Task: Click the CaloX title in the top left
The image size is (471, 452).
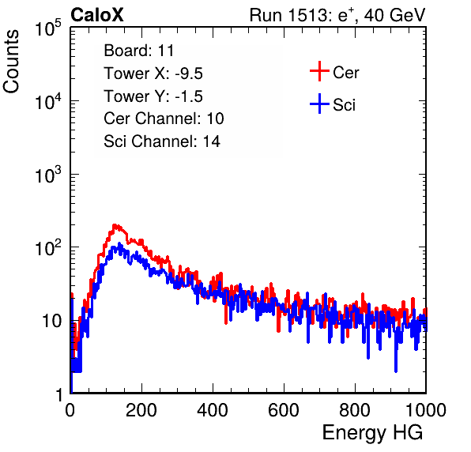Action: click(x=97, y=15)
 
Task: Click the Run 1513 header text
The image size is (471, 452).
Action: click(x=337, y=15)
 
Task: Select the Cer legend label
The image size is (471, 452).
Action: click(x=345, y=73)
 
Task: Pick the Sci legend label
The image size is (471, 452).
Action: click(x=345, y=105)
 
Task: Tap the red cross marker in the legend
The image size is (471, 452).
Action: click(x=319, y=71)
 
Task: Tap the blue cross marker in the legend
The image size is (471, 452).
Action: click(x=319, y=104)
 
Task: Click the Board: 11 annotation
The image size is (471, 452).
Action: click(x=139, y=51)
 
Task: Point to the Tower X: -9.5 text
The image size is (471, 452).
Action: click(x=153, y=73)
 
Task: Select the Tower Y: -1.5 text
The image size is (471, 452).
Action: click(x=153, y=96)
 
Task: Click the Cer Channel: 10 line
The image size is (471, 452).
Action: click(x=164, y=119)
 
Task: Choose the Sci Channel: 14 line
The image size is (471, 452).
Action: click(x=162, y=141)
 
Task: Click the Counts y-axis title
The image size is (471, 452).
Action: click(x=11, y=62)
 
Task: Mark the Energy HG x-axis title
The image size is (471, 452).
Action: click(x=372, y=432)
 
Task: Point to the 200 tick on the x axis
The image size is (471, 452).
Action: click(x=141, y=410)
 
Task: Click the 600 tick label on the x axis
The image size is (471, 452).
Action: click(x=284, y=410)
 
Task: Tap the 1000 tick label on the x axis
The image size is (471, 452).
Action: click(x=426, y=410)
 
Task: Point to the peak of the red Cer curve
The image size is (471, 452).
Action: click(x=115, y=224)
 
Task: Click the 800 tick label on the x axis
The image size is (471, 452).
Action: click(x=355, y=410)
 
